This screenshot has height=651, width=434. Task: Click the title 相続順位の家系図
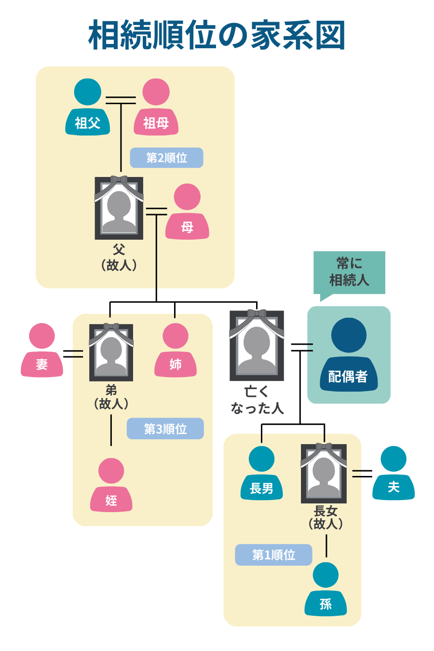217,35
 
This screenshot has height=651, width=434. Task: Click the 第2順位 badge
166,158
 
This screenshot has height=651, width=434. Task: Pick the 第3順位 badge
165,429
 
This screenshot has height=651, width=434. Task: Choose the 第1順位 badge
273,555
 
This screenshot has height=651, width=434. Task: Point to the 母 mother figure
187,212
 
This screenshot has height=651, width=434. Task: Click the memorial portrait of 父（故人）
119,208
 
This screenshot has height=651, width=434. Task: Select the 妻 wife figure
42,351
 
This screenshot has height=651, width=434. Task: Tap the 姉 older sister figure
176,351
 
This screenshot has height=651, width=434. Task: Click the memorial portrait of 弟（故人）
111,353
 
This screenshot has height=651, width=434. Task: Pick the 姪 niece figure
111,486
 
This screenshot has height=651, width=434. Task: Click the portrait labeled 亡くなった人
257,345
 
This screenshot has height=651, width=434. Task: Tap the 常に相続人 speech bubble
349,272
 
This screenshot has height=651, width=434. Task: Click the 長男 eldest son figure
261,474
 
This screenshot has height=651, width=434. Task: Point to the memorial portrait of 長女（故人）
324,473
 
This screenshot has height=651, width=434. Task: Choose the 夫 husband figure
393,474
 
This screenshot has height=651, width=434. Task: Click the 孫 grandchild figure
325,590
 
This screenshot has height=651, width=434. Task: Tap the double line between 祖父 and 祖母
121,100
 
